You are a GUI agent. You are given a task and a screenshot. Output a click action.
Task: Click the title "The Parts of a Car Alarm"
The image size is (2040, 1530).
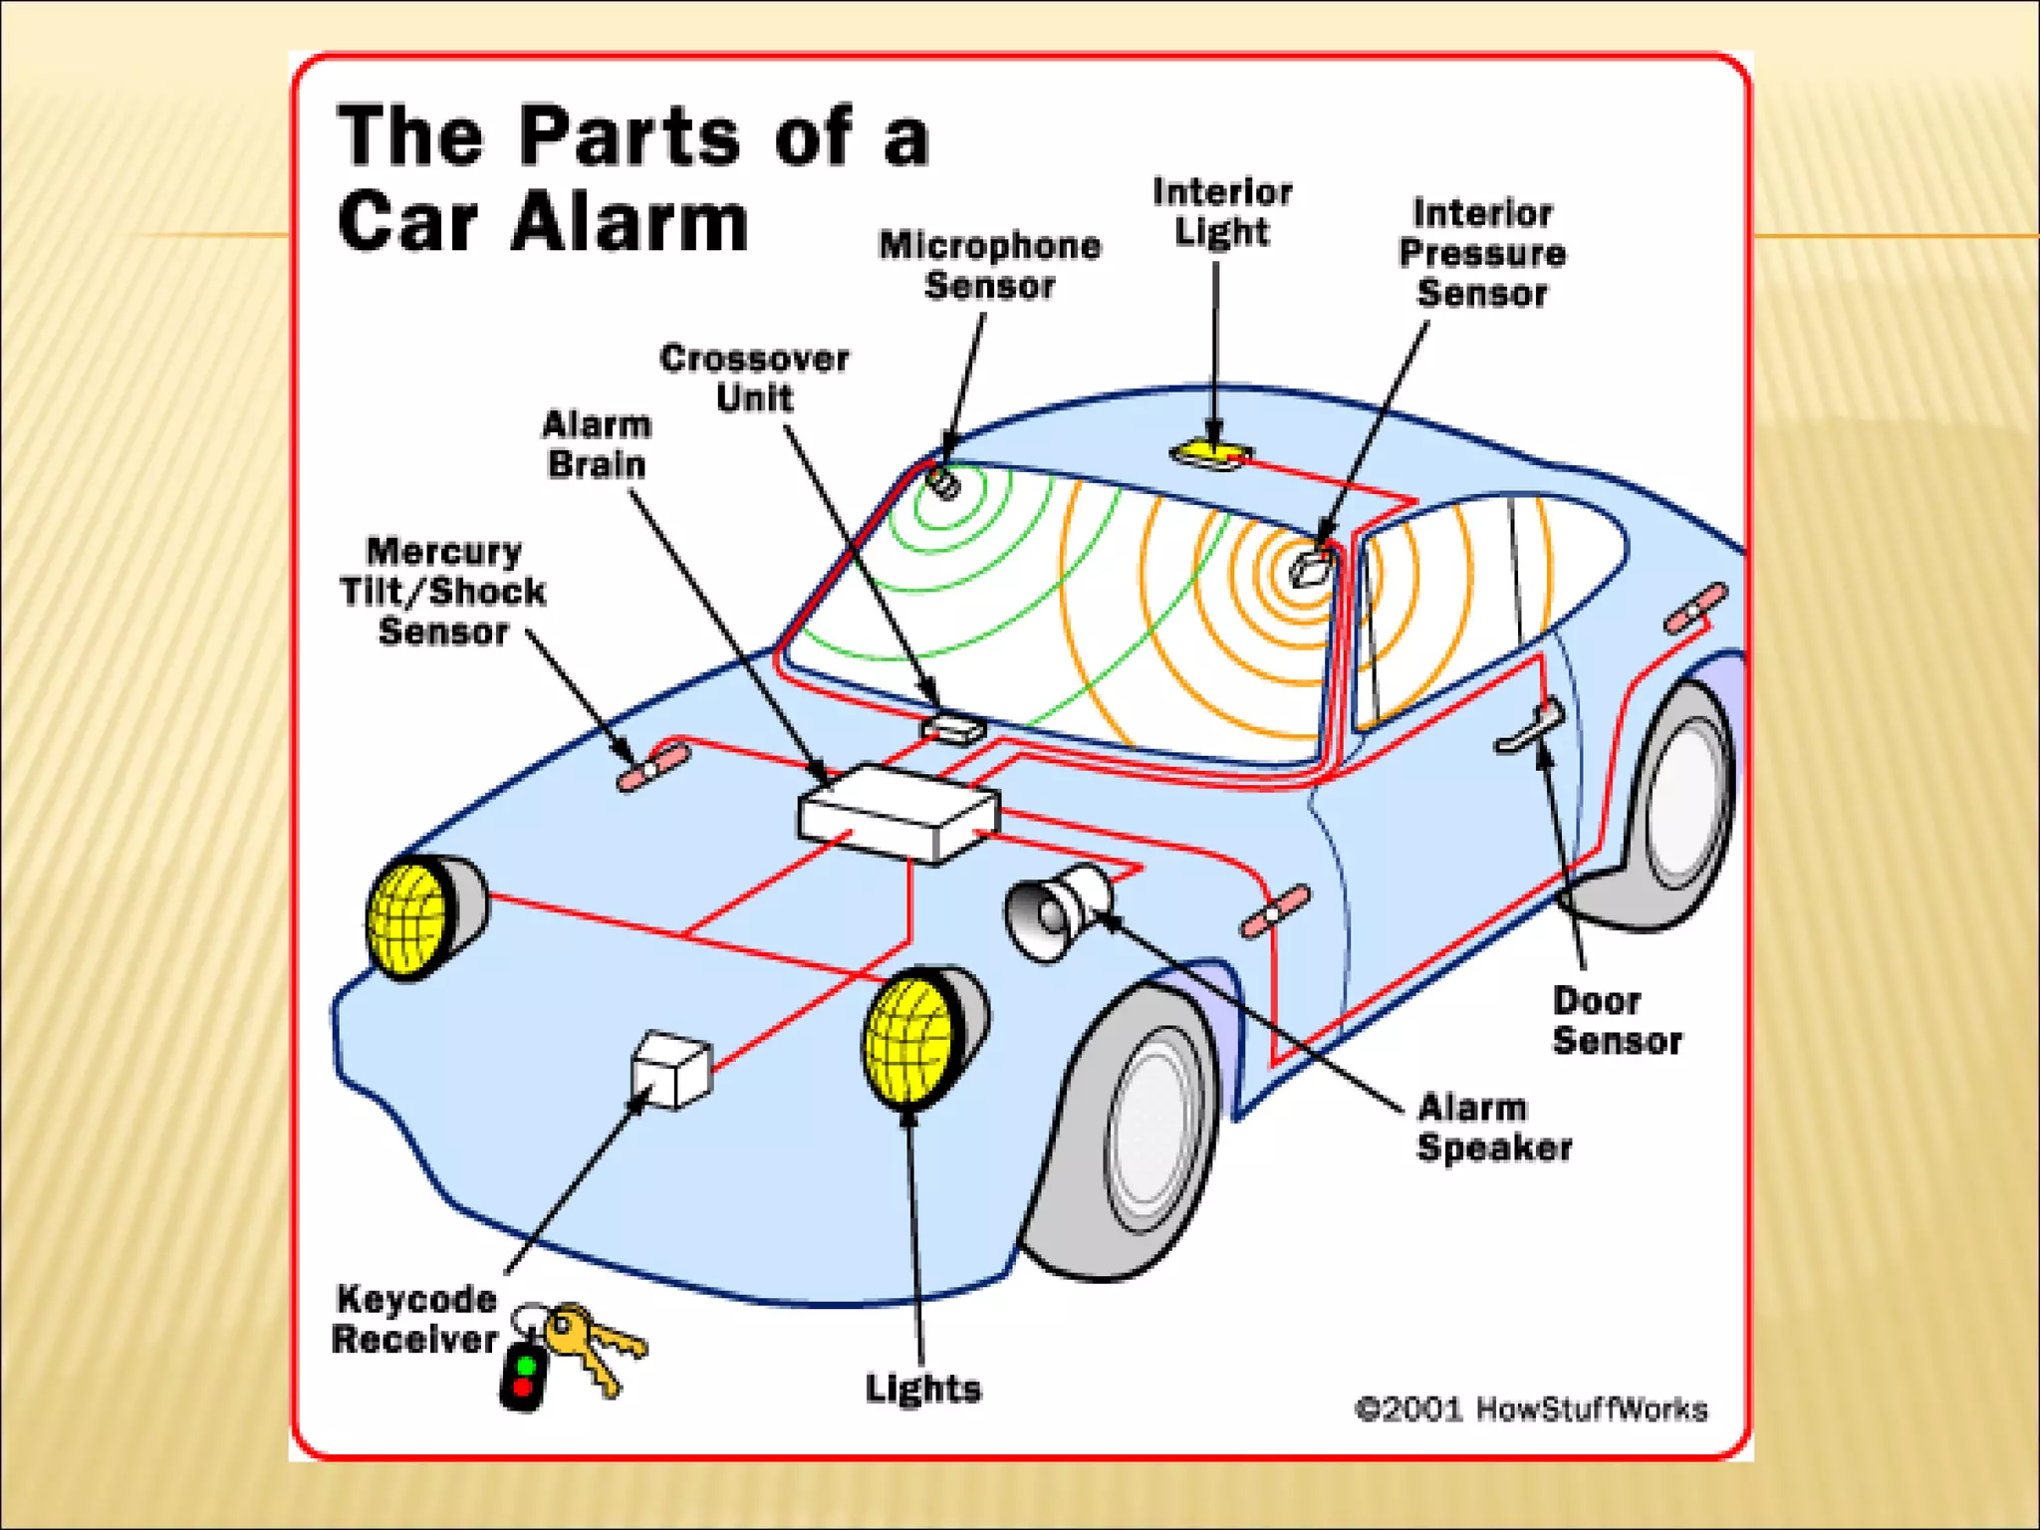point(634,177)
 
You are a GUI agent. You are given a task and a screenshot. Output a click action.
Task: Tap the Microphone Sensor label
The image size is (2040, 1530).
point(989,266)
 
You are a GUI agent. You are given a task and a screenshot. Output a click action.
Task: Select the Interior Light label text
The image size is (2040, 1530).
point(1222,211)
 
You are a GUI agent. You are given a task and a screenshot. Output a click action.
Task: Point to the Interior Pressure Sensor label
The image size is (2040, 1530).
point(1482,253)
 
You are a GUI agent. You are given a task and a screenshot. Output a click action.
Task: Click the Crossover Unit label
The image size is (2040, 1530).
point(754,378)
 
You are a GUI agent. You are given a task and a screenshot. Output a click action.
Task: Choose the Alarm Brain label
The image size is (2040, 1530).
point(597,444)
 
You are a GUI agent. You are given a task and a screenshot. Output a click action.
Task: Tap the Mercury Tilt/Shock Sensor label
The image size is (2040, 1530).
point(443,592)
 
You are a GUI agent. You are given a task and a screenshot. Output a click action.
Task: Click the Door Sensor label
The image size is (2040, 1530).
point(1616,1021)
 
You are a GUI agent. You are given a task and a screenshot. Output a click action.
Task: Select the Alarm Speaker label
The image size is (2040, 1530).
point(1493,1128)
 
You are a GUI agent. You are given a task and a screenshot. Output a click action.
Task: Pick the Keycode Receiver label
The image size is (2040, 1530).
point(414,1319)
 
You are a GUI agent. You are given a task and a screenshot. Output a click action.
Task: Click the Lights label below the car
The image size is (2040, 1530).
point(922,1389)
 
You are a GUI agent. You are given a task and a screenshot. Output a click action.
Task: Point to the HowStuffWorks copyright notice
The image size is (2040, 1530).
point(1531,1409)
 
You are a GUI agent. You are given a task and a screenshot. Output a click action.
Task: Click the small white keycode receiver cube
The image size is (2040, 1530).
point(672,1069)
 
